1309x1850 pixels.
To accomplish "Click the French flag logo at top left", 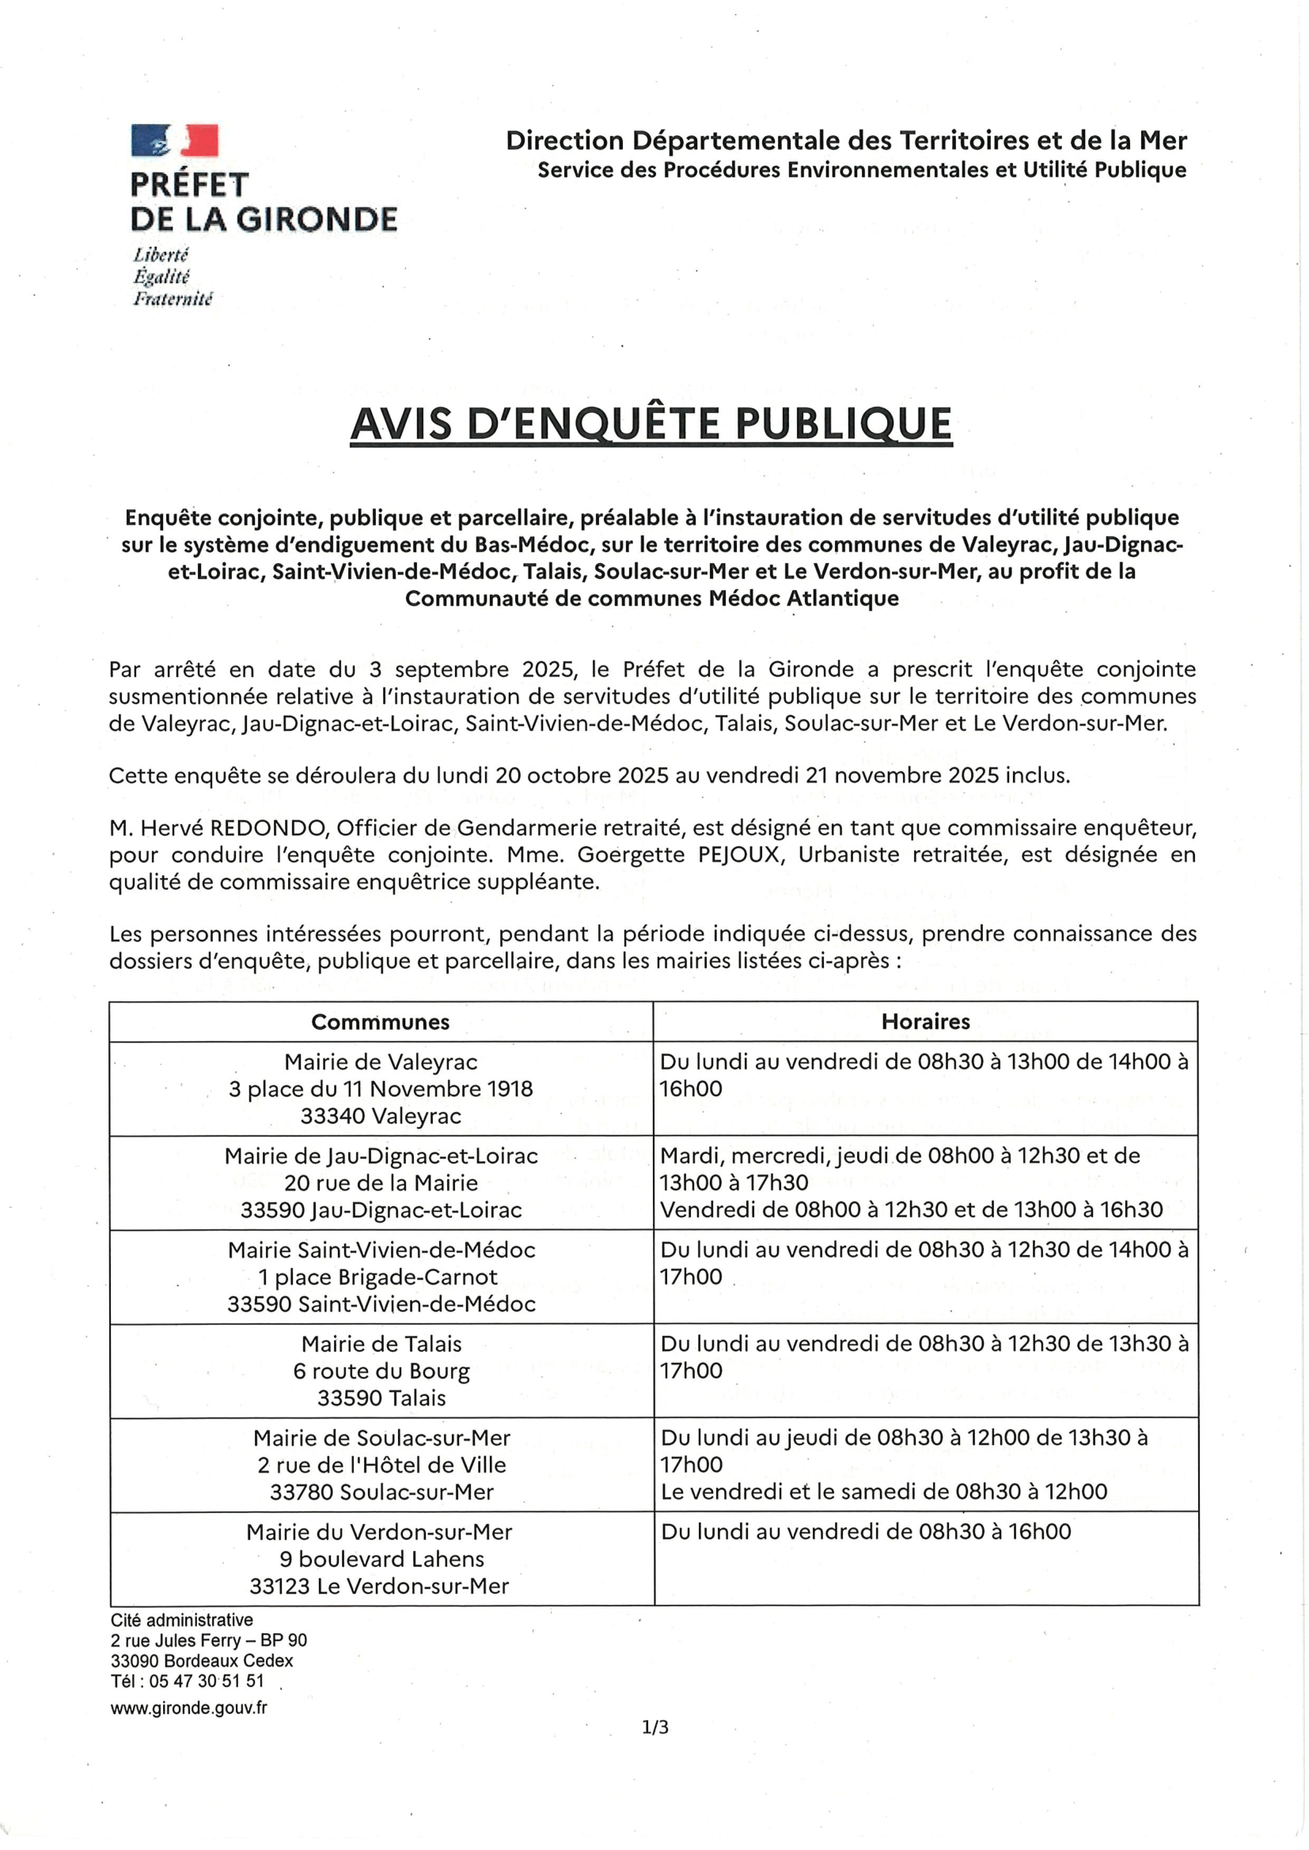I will coord(175,140).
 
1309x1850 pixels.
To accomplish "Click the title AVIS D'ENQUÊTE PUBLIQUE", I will coord(651,424).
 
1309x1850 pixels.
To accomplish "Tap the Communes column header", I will coord(380,1022).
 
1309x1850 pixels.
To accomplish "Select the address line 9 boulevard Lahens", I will coord(381,1559).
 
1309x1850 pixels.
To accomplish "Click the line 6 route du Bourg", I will coord(381,1371).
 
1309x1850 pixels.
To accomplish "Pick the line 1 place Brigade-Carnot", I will coord(378,1277).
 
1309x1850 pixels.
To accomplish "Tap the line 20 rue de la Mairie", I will coord(381,1182).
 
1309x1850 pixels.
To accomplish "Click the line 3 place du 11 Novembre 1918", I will coord(381,1089).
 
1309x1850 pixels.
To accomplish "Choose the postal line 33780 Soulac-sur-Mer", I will coord(381,1492).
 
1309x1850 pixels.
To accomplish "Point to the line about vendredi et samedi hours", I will coord(883,1492).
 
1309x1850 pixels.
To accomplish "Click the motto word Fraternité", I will coord(173,300).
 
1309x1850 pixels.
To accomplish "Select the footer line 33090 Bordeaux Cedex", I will coord(203,1661).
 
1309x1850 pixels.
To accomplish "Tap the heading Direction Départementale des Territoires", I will coord(845,141).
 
